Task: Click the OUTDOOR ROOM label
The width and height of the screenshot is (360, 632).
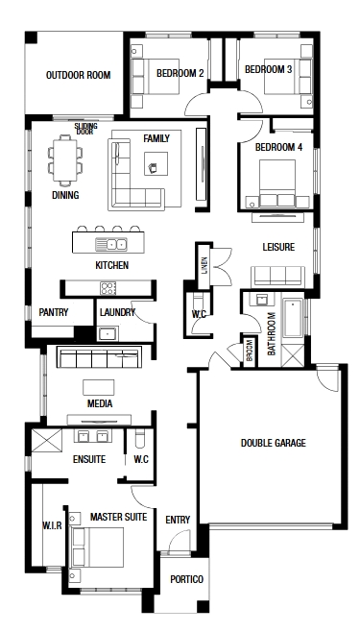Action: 78,75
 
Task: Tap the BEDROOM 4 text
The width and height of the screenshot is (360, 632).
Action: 278,148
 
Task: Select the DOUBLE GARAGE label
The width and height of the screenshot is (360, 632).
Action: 273,443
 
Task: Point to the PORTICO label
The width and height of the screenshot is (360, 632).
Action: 186,579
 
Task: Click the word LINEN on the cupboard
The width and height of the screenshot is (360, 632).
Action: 204,266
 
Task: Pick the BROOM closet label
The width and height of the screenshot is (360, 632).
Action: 250,352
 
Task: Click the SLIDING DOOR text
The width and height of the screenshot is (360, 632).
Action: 85,129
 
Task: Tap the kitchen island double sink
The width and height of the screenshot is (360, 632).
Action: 111,244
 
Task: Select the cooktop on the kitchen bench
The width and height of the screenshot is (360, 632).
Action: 108,288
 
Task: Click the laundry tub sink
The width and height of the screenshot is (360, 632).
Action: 108,333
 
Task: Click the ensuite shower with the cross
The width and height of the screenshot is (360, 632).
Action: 47,441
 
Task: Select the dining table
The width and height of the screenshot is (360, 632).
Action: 65,160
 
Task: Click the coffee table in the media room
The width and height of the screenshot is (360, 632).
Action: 99,387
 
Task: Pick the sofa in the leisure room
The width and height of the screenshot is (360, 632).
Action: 277,277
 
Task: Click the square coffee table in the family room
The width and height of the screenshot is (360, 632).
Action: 156,163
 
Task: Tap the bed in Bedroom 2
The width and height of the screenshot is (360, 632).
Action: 156,77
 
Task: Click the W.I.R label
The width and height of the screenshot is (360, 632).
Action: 53,525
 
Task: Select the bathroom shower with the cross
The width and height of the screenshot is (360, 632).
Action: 293,356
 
